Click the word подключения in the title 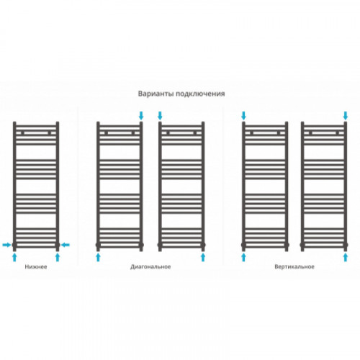(x=200, y=94)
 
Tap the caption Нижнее (x=36, y=266)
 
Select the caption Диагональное (x=150, y=267)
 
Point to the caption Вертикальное (x=294, y=267)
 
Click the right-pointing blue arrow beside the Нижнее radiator (x=6, y=245)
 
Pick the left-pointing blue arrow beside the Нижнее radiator (x=65, y=245)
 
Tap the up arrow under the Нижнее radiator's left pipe (x=14, y=257)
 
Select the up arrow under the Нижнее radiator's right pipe (x=58, y=257)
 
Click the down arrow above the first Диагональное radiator (x=141, y=115)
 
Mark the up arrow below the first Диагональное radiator (x=98, y=257)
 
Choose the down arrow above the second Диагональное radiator (x=160, y=115)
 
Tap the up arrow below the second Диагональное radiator (x=203, y=257)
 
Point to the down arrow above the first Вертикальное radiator (x=243, y=115)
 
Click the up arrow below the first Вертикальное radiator (x=243, y=257)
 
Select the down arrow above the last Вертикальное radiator (x=346, y=115)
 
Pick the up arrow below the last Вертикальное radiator (x=346, y=257)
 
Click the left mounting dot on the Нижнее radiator (x=22, y=133)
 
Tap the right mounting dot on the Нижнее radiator (x=49, y=133)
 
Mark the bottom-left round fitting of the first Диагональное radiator (x=98, y=245)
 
